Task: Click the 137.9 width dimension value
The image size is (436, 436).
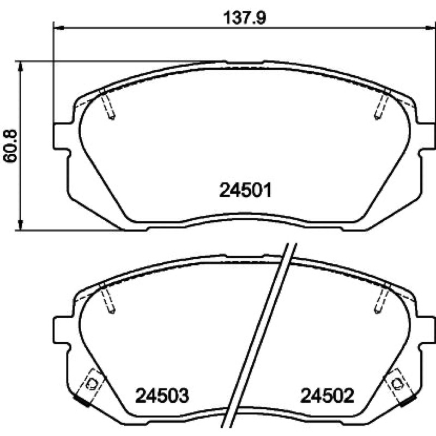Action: click(245, 18)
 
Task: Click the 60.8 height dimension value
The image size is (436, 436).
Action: click(10, 146)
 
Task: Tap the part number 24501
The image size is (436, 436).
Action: click(245, 190)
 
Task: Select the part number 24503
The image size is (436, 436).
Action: click(162, 396)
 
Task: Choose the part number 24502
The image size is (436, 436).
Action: click(328, 396)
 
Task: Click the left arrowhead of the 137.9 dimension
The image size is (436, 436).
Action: click(59, 28)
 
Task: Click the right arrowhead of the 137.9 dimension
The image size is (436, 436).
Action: click(430, 28)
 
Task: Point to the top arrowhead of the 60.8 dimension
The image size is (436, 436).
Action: click(20, 66)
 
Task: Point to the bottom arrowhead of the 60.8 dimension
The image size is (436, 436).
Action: click(20, 224)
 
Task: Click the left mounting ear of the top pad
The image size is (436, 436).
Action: click(60, 136)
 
